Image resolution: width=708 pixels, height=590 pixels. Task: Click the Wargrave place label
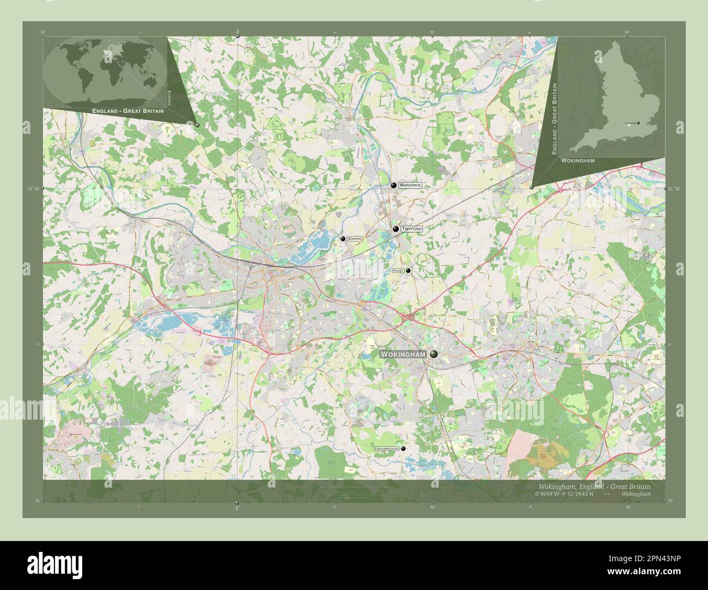[410, 186]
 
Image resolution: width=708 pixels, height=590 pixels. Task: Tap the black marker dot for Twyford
[396, 230]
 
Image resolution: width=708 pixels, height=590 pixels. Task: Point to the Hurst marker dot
[408, 271]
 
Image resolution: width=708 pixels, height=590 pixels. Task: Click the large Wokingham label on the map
[403, 354]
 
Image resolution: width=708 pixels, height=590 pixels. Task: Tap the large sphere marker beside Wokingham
[434, 354]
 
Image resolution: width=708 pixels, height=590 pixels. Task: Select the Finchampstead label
[387, 448]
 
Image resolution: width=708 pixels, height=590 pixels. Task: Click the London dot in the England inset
[638, 123]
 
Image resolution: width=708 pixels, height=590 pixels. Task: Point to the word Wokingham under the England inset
[575, 162]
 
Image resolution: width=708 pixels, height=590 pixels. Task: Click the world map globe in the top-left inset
[105, 71]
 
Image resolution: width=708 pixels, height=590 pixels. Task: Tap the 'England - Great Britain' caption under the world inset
[128, 110]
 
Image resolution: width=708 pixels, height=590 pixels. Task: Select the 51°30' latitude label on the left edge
[34, 188]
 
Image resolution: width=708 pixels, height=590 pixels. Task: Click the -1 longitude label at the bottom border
[236, 508]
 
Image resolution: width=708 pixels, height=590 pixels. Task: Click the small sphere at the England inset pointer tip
[532, 187]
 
